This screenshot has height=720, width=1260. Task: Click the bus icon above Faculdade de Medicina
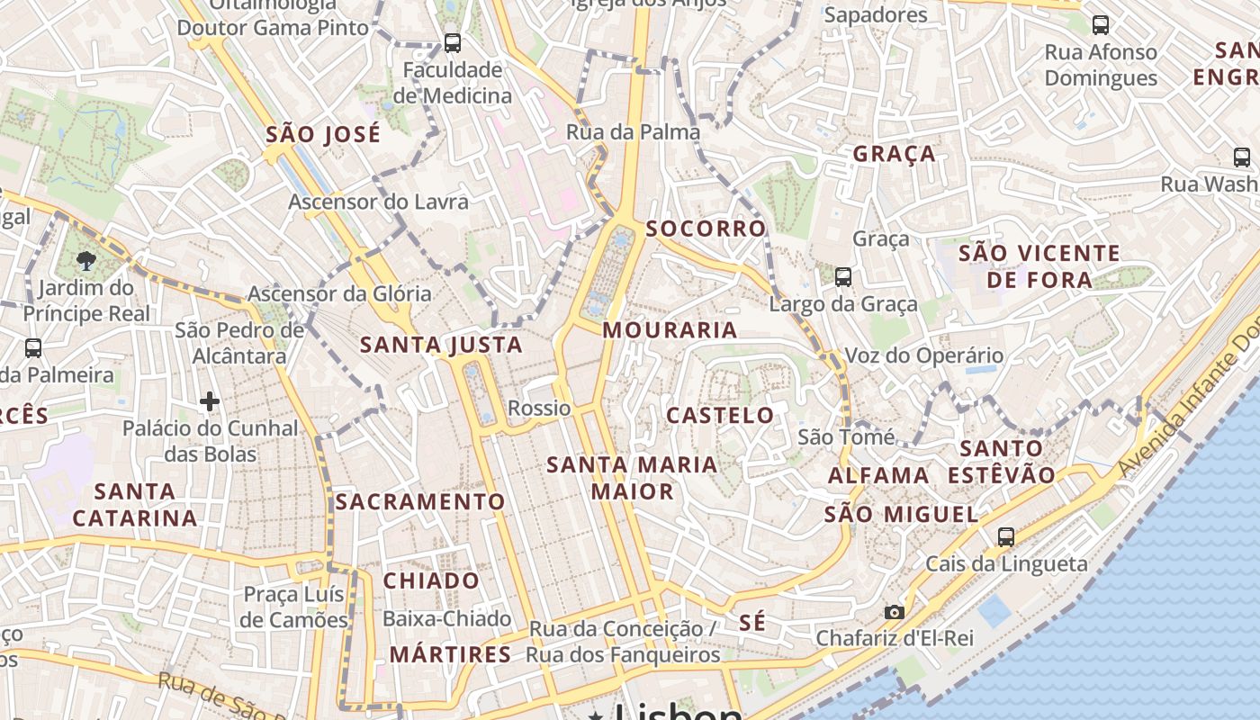click(453, 42)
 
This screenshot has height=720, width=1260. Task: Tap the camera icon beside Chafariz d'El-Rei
click(894, 612)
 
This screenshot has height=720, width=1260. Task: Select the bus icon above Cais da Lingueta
click(1006, 536)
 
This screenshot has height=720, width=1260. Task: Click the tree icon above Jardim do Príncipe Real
click(86, 262)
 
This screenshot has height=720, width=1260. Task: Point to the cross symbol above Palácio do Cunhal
click(210, 400)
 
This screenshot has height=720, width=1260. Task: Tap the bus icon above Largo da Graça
click(843, 277)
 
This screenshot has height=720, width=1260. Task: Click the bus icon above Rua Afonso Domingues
click(1100, 25)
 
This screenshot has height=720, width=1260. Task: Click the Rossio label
click(539, 408)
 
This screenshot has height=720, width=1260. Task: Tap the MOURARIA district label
click(670, 330)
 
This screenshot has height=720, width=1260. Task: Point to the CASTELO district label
click(720, 415)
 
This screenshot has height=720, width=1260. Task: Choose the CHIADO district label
click(432, 580)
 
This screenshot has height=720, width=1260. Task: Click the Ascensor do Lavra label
click(378, 202)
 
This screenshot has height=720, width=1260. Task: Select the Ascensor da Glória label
click(339, 293)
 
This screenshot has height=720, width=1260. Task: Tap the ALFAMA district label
click(878, 475)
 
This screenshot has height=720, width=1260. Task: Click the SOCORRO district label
click(706, 229)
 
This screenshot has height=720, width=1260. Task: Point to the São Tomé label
click(846, 437)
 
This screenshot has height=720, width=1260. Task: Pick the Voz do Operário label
click(923, 355)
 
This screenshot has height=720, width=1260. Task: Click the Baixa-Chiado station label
click(447, 618)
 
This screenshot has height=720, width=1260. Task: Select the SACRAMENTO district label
click(420, 501)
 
